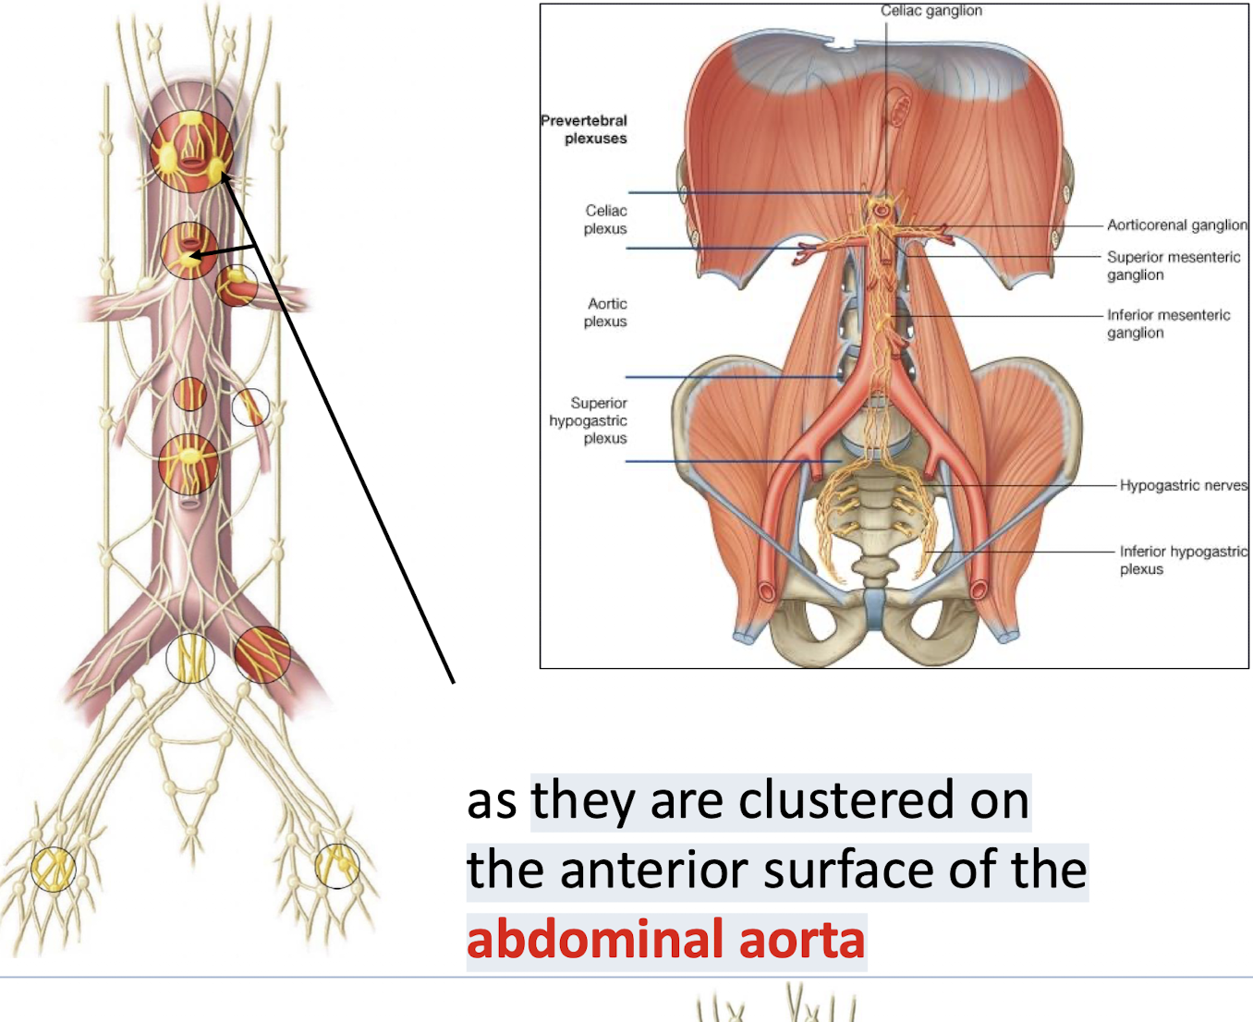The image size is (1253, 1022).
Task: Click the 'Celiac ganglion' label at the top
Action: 931,11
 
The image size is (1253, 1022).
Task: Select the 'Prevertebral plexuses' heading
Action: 584,129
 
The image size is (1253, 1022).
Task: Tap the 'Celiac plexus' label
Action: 605,220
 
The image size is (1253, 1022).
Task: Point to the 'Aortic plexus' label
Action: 606,312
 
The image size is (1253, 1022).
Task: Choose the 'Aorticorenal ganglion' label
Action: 1176,225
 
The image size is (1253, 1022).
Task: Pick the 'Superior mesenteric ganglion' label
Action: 1174,266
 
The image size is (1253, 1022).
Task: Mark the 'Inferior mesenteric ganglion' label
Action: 1168,323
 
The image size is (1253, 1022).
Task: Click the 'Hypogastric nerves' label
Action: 1183,485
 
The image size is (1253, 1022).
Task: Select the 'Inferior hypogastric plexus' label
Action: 1183,560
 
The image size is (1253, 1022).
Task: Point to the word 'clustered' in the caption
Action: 848,800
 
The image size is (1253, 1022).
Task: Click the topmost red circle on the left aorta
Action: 190,152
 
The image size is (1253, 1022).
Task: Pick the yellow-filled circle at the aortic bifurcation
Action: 190,658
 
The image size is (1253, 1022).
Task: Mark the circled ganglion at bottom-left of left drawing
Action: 53,869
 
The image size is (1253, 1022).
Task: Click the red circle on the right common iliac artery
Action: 262,654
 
